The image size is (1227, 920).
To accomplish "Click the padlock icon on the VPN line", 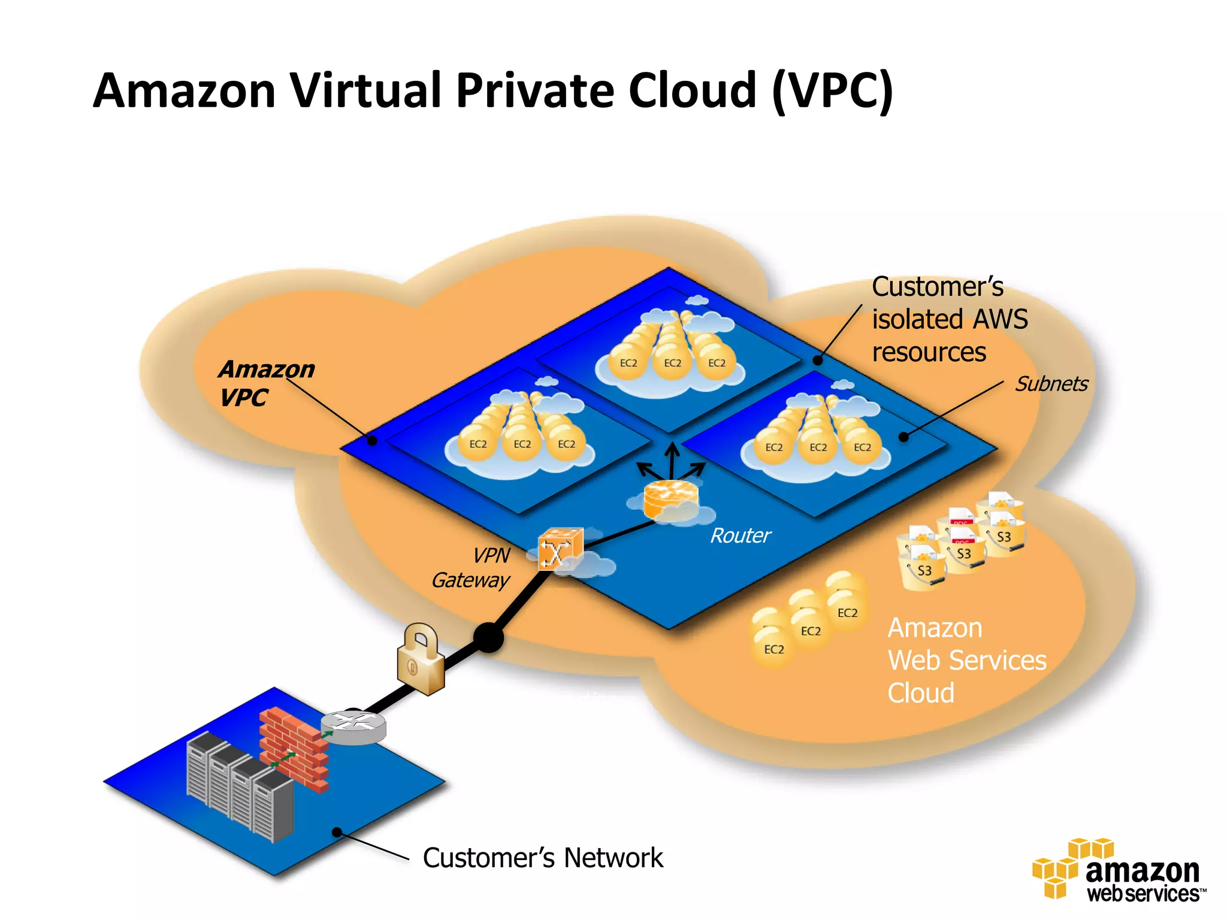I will (421, 661).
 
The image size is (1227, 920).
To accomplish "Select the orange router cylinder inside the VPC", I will (670, 499).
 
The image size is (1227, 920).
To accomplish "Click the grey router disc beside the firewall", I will (353, 727).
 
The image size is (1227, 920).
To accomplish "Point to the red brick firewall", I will (294, 748).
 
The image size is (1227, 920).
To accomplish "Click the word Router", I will (740, 535).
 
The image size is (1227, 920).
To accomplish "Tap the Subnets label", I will (1051, 384).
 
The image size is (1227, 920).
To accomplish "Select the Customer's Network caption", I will (542, 858).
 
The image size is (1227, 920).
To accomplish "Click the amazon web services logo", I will (1118, 870).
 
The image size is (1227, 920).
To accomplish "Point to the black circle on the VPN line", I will (488, 637).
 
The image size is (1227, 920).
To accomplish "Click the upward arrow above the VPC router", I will (672, 458).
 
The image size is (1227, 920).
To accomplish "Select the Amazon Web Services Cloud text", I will (966, 660).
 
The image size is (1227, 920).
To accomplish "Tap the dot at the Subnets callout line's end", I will (903, 437).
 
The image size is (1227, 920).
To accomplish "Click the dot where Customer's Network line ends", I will (337, 832).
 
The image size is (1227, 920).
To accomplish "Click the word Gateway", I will (470, 580).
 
